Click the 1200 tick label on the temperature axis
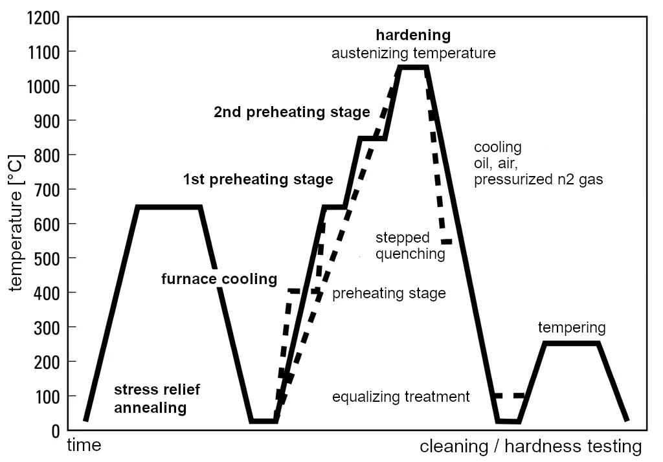click(44, 17)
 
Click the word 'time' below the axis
click(85, 446)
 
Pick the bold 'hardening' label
click(413, 34)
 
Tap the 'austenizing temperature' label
click(413, 53)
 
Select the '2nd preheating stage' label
click(292, 112)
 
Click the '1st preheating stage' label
click(258, 179)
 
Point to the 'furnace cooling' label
click(219, 280)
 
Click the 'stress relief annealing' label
click(157, 399)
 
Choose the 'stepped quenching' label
click(410, 246)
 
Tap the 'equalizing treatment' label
click(401, 397)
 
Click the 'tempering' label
click(572, 327)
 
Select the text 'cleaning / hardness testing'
click(531, 446)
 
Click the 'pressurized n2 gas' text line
click(538, 180)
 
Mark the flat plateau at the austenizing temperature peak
click(413, 67)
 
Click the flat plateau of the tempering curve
click(572, 344)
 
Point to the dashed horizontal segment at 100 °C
click(508, 395)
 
